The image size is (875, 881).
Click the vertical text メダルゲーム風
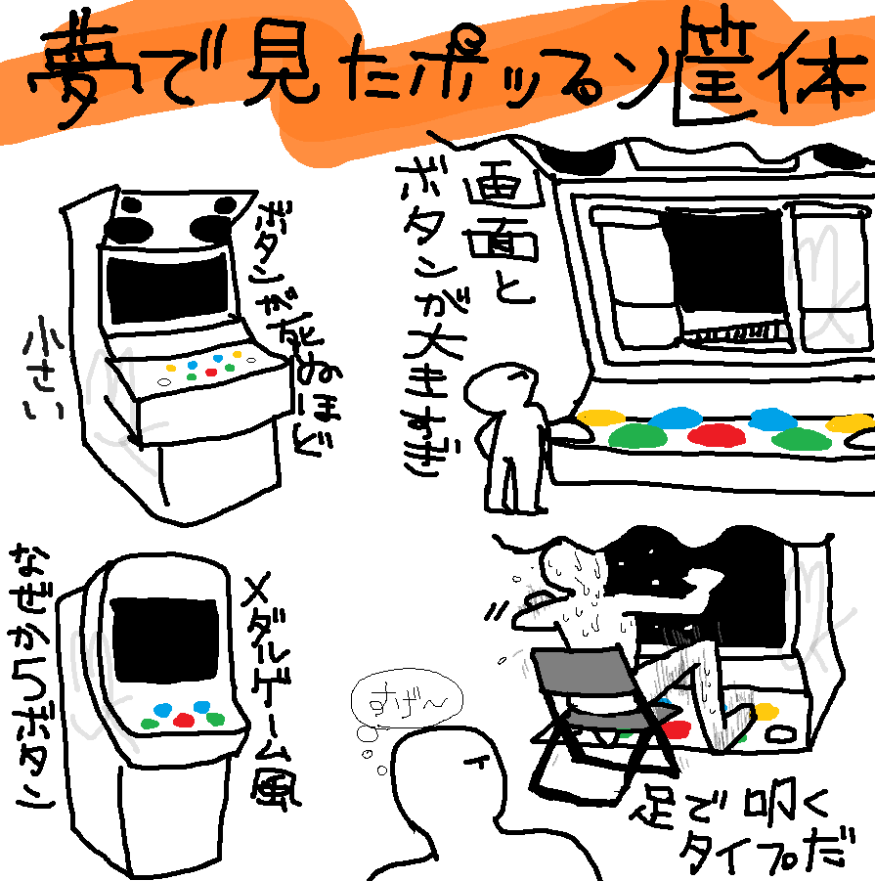click(275, 684)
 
